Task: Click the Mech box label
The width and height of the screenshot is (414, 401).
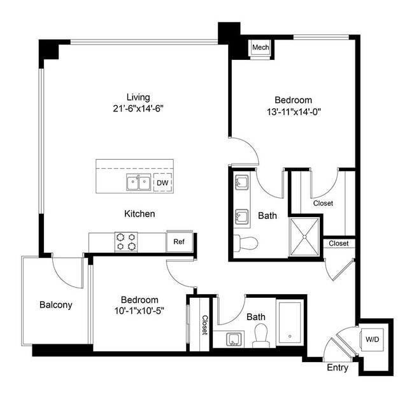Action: pyautogui.click(x=260, y=48)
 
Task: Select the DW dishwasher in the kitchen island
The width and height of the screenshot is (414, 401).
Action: pyautogui.click(x=162, y=183)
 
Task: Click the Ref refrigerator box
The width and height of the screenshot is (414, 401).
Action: pyautogui.click(x=179, y=242)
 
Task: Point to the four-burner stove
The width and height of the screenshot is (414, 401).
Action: pyautogui.click(x=126, y=241)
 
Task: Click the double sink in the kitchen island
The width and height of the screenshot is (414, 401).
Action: pyautogui.click(x=138, y=183)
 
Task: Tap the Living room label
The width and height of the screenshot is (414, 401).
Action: pyautogui.click(x=138, y=97)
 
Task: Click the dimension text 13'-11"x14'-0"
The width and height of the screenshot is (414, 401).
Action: pyautogui.click(x=293, y=112)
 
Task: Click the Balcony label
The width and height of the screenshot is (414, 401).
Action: pyautogui.click(x=56, y=304)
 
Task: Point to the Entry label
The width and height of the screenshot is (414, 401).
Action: pyautogui.click(x=338, y=368)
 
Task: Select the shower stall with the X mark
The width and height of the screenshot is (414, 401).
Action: pyautogui.click(x=305, y=237)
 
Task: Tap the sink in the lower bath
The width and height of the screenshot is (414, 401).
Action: pyautogui.click(x=233, y=339)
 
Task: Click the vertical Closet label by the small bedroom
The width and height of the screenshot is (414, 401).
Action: pyautogui.click(x=204, y=324)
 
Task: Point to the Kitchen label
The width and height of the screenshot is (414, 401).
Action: pyautogui.click(x=139, y=214)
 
